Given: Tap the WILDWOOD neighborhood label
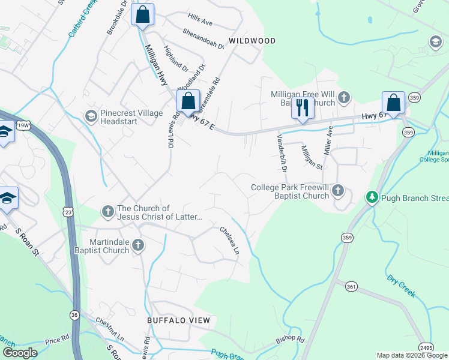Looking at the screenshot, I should tap(252, 41).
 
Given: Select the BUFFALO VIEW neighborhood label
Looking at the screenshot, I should tap(179, 320).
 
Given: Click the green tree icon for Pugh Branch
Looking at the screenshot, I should tap(372, 197).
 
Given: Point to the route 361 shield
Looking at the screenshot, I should tap(351, 287).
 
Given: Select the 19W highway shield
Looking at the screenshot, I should tap(23, 125).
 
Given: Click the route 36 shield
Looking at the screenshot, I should tap(74, 314).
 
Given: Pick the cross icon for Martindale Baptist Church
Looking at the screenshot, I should tap(138, 245).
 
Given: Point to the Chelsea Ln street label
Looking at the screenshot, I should tap(229, 239).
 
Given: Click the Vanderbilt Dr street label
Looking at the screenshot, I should tap(282, 152).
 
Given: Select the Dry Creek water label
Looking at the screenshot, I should tap(401, 287).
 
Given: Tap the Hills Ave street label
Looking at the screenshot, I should tap(200, 22).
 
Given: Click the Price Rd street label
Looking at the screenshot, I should tap(57, 340).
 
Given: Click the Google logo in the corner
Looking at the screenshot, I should tap(20, 353).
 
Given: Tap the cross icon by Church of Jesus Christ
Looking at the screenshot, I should tap(107, 211).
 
